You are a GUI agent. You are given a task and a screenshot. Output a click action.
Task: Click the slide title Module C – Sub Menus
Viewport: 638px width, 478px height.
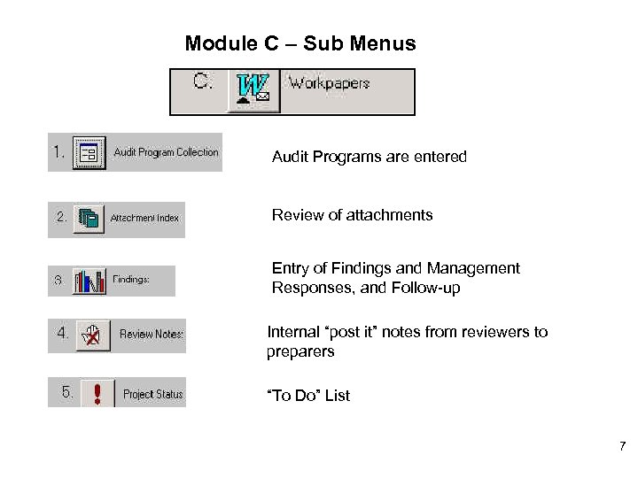point(300,43)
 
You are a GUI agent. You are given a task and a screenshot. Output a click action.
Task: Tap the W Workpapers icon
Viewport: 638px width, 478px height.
point(254,89)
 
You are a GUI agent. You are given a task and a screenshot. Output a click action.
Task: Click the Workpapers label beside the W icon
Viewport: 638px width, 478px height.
point(329,84)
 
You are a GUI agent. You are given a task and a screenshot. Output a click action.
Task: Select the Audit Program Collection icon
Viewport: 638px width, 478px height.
point(89,152)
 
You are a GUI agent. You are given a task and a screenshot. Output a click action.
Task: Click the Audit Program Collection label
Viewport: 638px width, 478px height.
point(166,152)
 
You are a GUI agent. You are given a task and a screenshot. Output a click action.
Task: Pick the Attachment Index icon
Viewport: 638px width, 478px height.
point(89,218)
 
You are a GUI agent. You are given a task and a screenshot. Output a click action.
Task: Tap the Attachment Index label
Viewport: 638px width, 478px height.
point(144,218)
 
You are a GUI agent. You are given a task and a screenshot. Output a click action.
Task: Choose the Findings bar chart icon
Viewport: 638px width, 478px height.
point(89,281)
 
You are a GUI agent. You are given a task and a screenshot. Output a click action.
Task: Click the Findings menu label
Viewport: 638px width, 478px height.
point(131,280)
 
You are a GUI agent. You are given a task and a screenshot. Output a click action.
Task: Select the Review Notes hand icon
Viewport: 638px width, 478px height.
point(93,335)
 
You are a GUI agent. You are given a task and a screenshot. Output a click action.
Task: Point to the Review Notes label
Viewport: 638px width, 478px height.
point(151,335)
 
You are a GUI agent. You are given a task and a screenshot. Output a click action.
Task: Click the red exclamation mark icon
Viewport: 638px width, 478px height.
point(97,393)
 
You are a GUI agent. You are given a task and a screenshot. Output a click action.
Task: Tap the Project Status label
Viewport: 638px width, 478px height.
point(152,394)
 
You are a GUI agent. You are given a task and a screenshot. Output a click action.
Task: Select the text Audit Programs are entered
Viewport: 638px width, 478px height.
point(369,157)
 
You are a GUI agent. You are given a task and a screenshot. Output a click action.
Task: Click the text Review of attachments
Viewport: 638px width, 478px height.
point(352,215)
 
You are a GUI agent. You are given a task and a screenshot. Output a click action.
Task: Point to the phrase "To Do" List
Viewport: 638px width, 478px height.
point(308,396)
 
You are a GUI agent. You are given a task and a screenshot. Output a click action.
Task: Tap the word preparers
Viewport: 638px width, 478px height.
point(300,351)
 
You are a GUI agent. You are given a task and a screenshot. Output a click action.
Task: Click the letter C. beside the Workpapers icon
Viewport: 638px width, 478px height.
point(203,82)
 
